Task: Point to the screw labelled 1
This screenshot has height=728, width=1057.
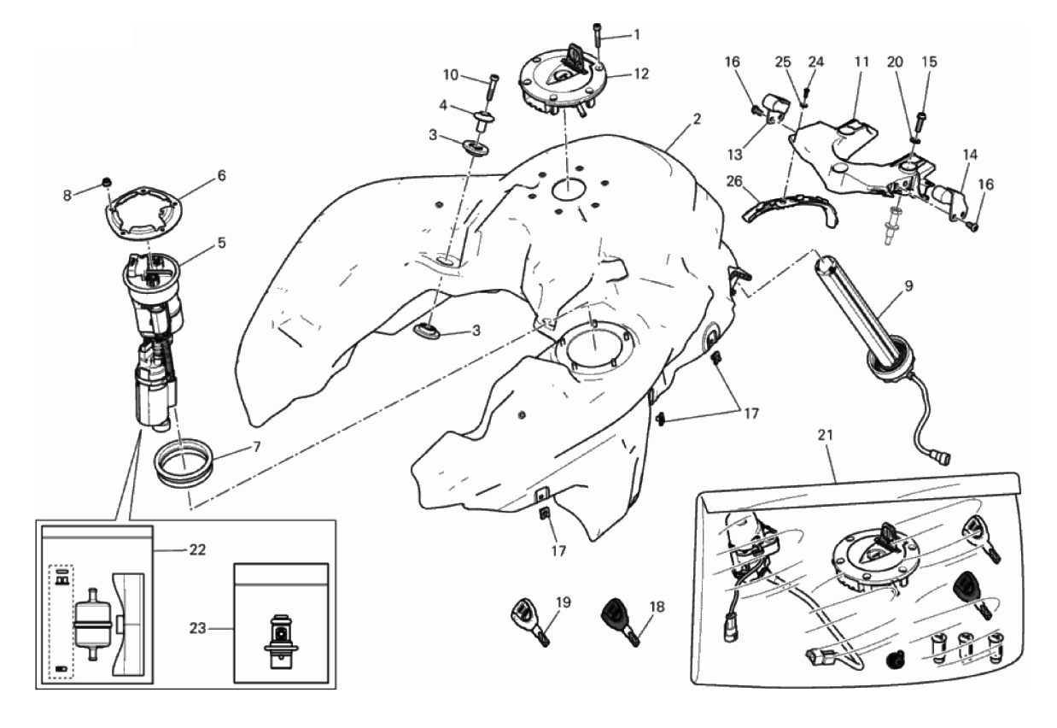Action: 598,43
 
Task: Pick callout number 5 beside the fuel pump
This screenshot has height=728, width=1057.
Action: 221,242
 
